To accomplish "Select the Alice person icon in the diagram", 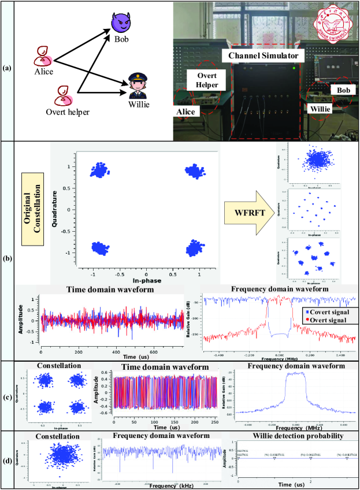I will point(44,55).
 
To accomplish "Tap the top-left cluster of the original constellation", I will point(97,170).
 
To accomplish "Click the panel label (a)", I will point(7,68).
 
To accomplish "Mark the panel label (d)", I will point(7,462).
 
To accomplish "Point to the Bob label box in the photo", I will point(343,91).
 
